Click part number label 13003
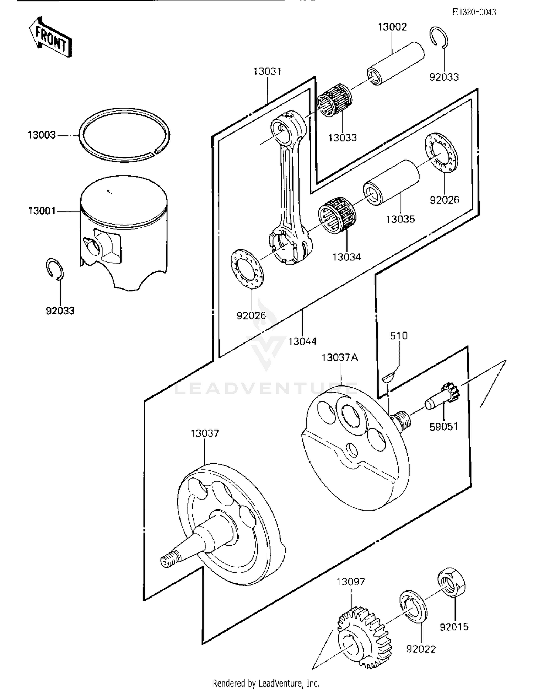pyautogui.click(x=42, y=135)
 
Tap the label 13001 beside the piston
pyautogui.click(x=42, y=211)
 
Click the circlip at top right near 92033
pyautogui.click(x=439, y=37)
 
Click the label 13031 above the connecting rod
pyautogui.click(x=267, y=71)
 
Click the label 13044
pyautogui.click(x=302, y=341)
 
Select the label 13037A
pyautogui.click(x=340, y=357)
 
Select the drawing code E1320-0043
pyautogui.click(x=474, y=12)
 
